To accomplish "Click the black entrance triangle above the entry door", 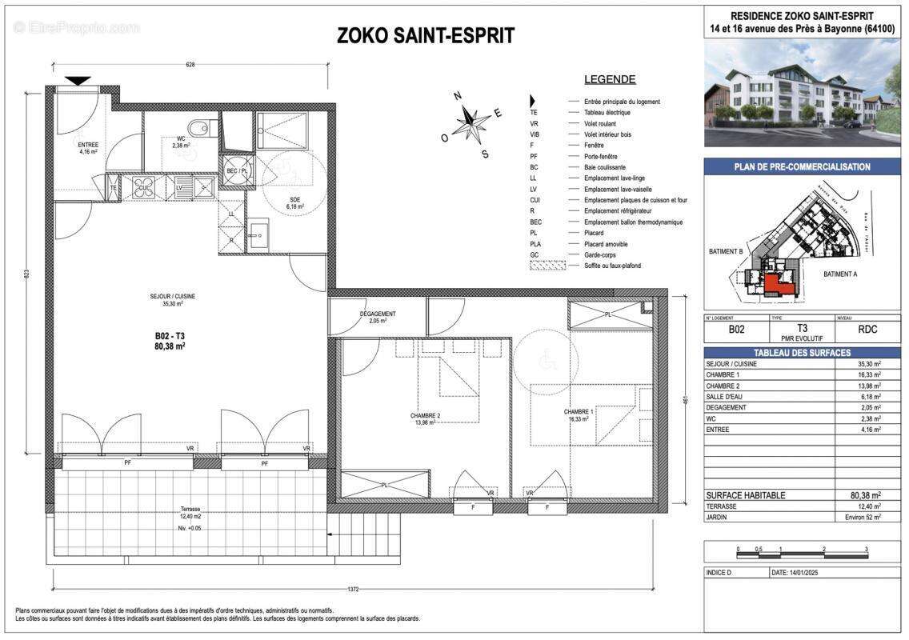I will pos(78,80).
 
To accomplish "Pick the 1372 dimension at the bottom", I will pos(353,590).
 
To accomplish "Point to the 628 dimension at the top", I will pos(190,65).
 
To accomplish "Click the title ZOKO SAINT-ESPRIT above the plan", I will pos(425,36).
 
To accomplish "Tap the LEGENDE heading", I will pos(610,79).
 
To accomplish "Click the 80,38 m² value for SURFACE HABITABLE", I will pos(866,495).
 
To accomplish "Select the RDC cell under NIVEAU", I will pos(867,328).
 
